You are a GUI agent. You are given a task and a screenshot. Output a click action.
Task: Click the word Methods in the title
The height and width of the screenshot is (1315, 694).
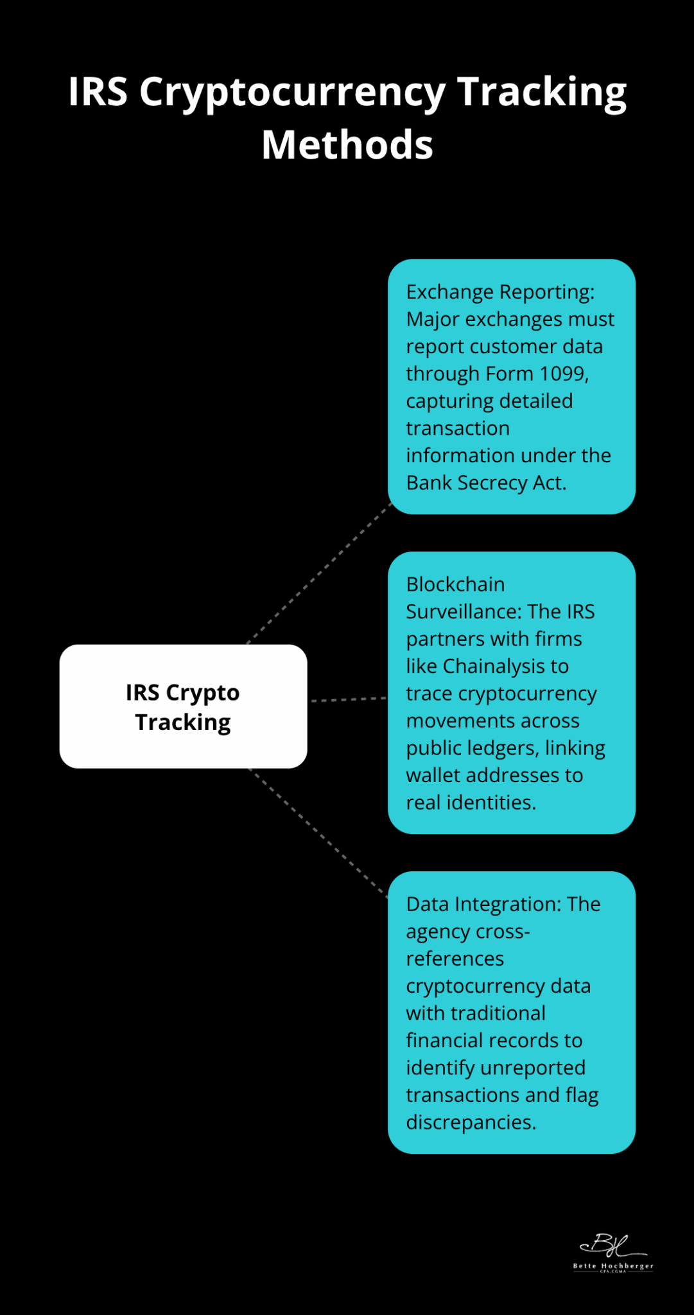click(347, 144)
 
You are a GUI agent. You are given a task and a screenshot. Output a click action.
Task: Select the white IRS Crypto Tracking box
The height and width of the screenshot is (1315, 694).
click(183, 706)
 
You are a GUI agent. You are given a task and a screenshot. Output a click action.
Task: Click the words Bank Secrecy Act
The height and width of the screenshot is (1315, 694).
click(485, 483)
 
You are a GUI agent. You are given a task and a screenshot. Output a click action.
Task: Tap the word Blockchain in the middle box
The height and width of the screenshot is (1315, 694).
click(455, 584)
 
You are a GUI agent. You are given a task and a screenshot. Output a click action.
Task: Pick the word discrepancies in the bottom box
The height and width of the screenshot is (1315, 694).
click(470, 1122)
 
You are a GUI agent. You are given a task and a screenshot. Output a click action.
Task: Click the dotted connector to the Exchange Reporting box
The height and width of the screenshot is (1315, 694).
click(319, 573)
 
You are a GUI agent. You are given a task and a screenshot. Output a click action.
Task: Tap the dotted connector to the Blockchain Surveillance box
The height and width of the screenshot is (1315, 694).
click(348, 699)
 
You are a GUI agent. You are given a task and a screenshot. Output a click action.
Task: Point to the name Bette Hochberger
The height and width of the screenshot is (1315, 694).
click(613, 1266)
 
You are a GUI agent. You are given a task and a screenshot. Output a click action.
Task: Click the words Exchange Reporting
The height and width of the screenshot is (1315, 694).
click(499, 292)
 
